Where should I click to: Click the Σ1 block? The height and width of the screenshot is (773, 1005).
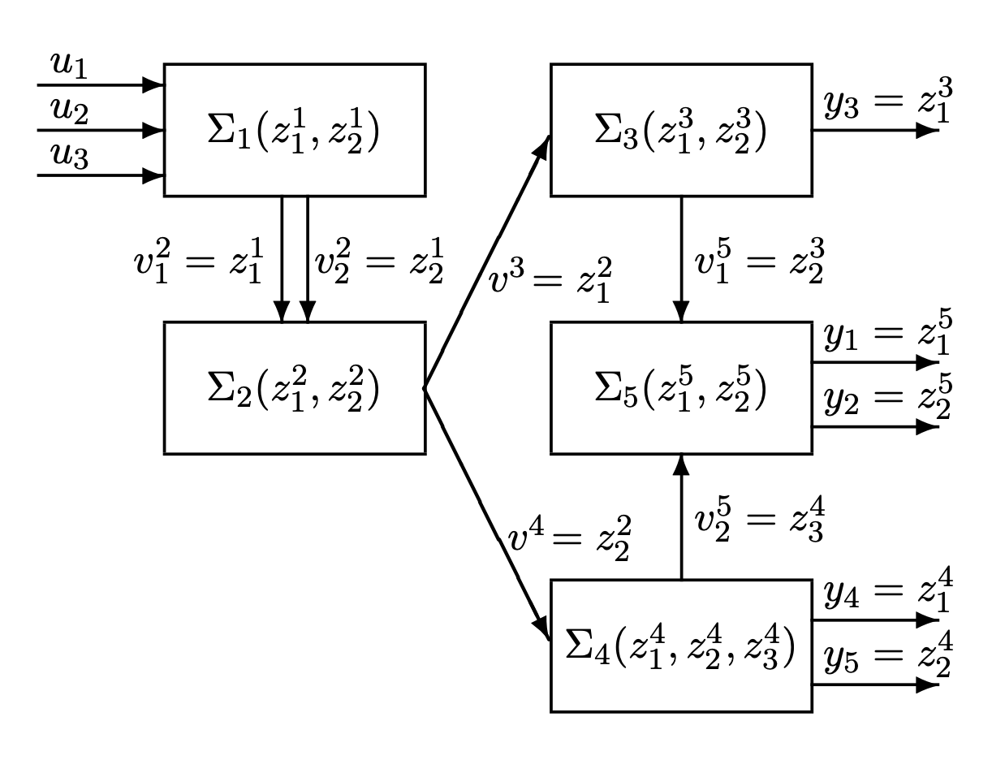pyautogui.click(x=295, y=130)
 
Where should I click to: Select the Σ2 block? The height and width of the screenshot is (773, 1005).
pyautogui.click(x=295, y=388)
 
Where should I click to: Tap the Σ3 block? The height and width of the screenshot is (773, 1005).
pyautogui.click(x=681, y=130)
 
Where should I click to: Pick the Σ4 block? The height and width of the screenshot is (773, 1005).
pyautogui.click(x=681, y=646)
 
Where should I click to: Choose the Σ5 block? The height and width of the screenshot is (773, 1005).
pyautogui.click(x=681, y=388)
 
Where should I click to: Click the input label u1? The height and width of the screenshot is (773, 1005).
pyautogui.click(x=69, y=65)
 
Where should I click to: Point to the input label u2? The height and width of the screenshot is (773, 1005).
pyautogui.click(x=69, y=110)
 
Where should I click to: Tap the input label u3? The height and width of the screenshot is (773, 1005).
pyautogui.click(x=69, y=156)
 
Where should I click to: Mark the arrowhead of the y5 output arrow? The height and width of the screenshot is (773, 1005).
pyautogui.click(x=928, y=685)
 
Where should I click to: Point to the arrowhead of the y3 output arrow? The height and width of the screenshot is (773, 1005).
pyautogui.click(x=928, y=130)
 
